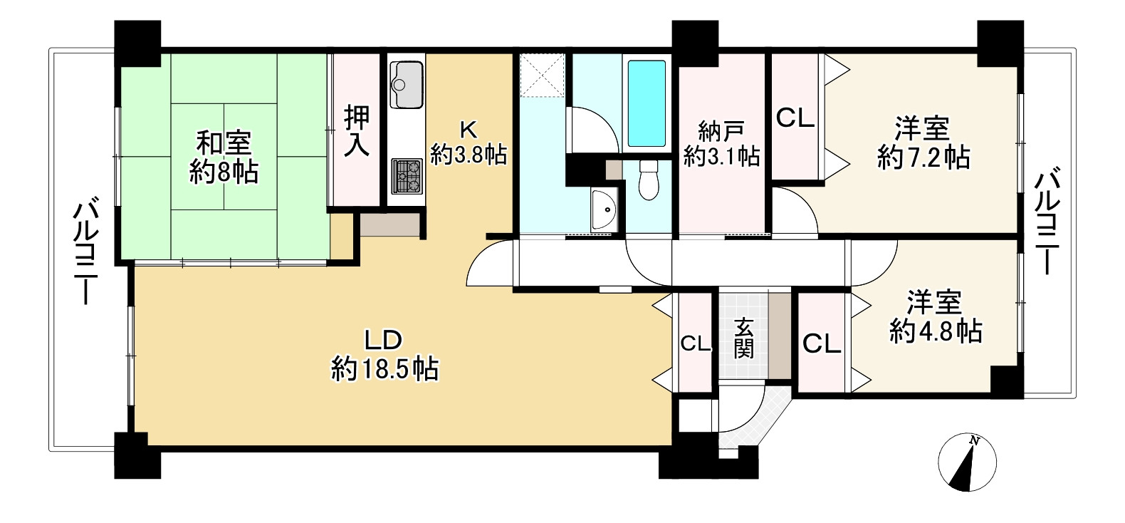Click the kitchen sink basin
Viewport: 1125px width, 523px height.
pyautogui.click(x=407, y=84)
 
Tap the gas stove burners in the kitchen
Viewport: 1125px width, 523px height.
pyautogui.click(x=407, y=176)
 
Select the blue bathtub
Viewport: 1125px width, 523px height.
pyautogui.click(x=647, y=103)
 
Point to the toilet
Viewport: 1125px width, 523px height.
pyautogui.click(x=649, y=180)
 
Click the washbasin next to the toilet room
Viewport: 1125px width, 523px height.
pyautogui.click(x=604, y=210)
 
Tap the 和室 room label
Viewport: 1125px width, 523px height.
pyautogui.click(x=224, y=143)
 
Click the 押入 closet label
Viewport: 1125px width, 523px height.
pyautogui.click(x=357, y=131)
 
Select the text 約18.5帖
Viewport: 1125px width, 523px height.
pyautogui.click(x=384, y=370)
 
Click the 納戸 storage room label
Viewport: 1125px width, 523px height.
pyautogui.click(x=721, y=132)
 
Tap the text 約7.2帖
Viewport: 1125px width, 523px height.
pyautogui.click(x=923, y=157)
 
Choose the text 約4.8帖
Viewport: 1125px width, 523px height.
pyautogui.click(x=936, y=331)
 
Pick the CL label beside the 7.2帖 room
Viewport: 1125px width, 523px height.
pyautogui.click(x=795, y=118)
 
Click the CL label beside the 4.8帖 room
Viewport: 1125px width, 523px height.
pyautogui.click(x=822, y=344)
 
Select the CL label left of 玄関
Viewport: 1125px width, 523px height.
pyautogui.click(x=696, y=344)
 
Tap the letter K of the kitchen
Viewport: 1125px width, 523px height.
pyautogui.click(x=469, y=130)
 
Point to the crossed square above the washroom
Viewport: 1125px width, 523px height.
pyautogui.click(x=542, y=76)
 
